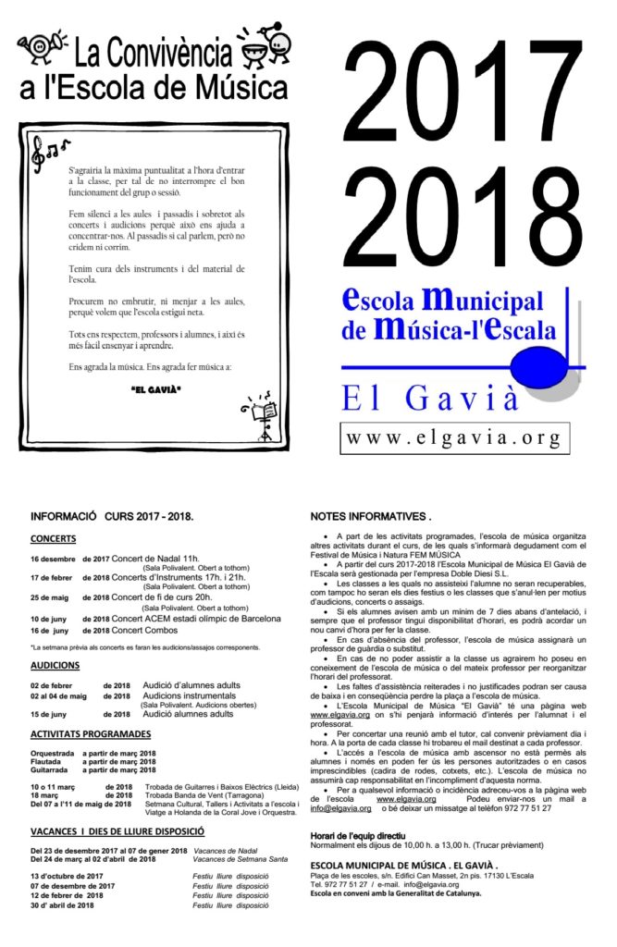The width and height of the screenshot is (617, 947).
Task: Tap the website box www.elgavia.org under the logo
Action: [450, 435]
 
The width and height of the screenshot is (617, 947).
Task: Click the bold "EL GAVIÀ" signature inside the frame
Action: [155, 388]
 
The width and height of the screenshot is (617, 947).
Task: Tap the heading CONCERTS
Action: [53, 538]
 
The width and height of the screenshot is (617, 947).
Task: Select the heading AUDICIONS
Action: [55, 665]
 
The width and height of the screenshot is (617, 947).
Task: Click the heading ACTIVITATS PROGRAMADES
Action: [90, 734]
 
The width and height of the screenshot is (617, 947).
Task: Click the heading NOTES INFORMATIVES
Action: [370, 516]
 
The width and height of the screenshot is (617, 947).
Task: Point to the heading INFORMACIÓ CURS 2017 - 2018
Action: [111, 516]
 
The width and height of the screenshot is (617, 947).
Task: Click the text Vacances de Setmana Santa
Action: [235, 859]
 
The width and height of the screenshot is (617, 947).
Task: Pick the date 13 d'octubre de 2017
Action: [67, 876]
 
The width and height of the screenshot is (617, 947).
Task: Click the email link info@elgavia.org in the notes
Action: [334, 808]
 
